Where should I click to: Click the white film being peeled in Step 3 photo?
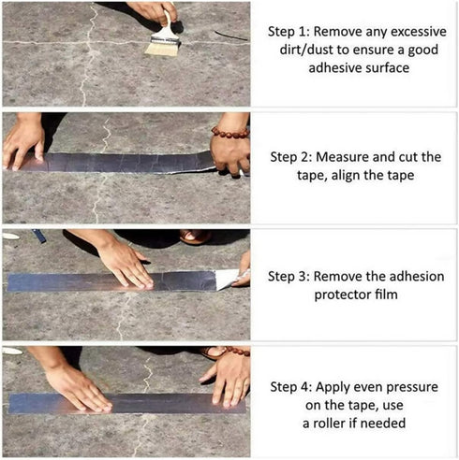coord(230,278)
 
